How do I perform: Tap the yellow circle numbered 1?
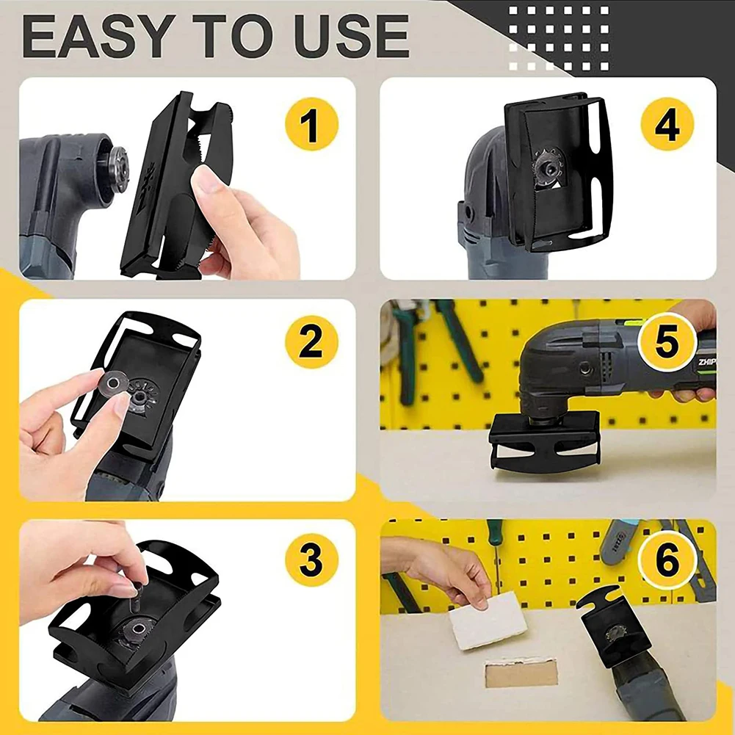pyautogui.click(x=312, y=124)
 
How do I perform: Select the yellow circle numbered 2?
pyautogui.click(x=312, y=341)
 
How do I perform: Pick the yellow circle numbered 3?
pyautogui.click(x=312, y=560)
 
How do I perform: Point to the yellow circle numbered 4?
pyautogui.click(x=667, y=124)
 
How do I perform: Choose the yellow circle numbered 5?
pyautogui.click(x=666, y=341)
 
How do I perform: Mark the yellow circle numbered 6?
pyautogui.click(x=667, y=560)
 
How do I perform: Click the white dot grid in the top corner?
pyautogui.click(x=559, y=38)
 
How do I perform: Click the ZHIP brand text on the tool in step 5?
pyautogui.click(x=707, y=362)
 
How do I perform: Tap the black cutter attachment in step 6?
pyautogui.click(x=611, y=624)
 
